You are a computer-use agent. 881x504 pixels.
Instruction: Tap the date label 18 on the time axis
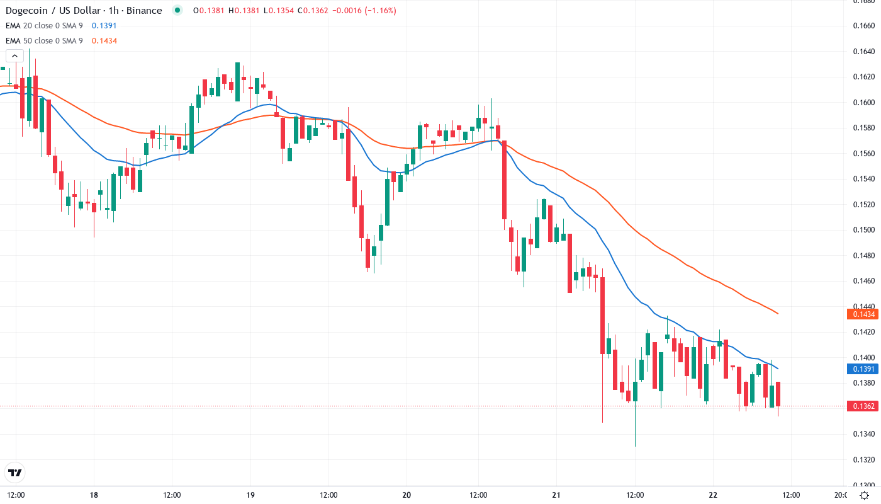pos(94,495)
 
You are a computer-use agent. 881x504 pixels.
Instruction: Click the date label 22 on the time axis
pos(713,495)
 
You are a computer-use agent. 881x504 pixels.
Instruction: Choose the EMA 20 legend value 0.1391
pos(104,26)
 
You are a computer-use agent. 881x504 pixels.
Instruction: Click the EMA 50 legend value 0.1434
pos(104,41)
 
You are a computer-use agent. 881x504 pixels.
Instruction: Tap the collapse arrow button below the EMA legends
pos(14,55)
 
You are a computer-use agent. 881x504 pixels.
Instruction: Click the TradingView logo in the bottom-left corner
pos(15,472)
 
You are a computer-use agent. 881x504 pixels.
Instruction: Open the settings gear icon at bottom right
pos(865,495)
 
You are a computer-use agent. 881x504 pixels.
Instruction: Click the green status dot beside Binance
pos(177,10)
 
